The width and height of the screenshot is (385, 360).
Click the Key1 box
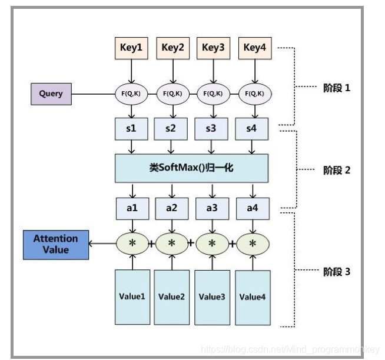[x=132, y=48]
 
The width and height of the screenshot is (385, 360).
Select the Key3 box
[x=213, y=48]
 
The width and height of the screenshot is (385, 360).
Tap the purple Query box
[x=51, y=94]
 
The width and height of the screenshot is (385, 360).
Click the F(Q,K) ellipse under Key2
[x=172, y=93]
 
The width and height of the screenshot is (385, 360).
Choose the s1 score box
[x=131, y=128]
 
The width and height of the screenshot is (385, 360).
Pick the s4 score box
[x=253, y=128]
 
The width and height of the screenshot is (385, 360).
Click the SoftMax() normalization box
[x=192, y=168]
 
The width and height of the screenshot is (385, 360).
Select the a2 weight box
[x=172, y=208]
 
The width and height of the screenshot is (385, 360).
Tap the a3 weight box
[x=213, y=208]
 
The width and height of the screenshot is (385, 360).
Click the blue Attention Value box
[x=55, y=244]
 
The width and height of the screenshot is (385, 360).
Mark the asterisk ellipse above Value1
[x=132, y=243]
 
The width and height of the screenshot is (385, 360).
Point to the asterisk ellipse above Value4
[x=253, y=243]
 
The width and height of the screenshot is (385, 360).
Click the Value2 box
[x=172, y=296]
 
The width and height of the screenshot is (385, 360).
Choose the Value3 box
[x=213, y=296]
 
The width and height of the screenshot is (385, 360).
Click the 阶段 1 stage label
[x=337, y=88]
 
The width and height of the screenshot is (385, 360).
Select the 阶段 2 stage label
[x=337, y=170]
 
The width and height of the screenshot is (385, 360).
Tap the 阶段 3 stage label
[x=337, y=272]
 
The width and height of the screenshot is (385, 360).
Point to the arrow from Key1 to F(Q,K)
[x=132, y=71]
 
